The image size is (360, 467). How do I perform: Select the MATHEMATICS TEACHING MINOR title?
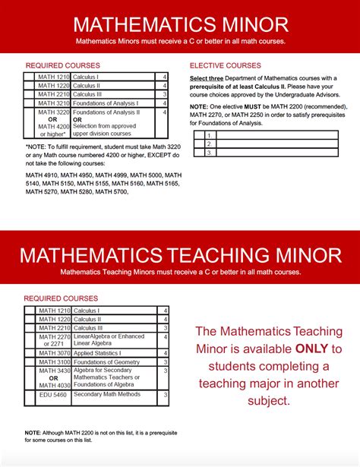pos(180,254)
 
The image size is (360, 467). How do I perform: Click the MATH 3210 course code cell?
pos(53,103)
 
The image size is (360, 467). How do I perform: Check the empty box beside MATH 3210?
pos(28,103)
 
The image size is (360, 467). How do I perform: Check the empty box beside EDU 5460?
pos(28,396)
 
